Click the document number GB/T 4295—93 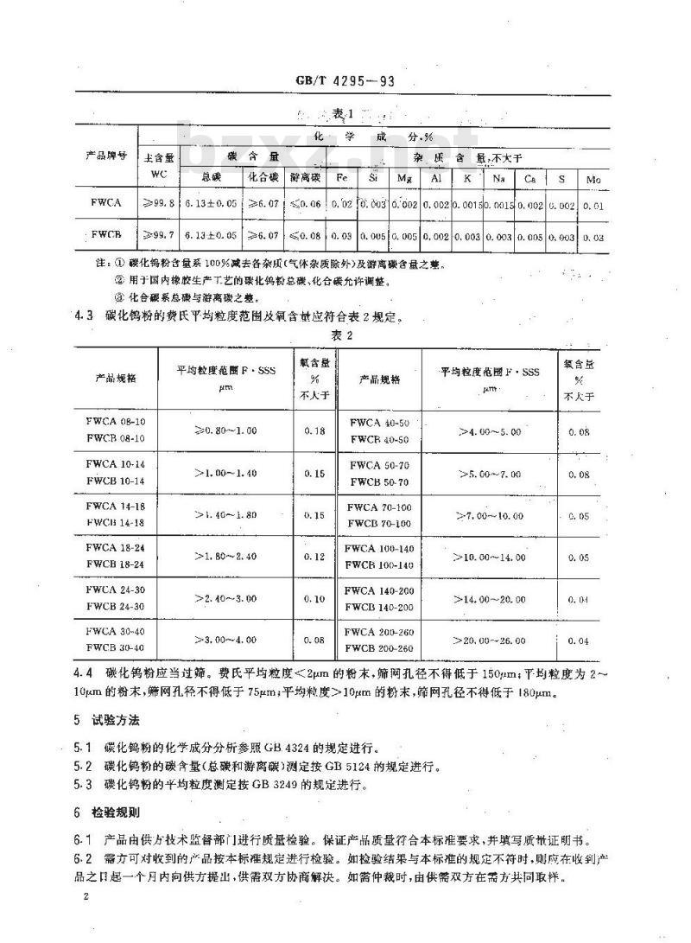pyautogui.click(x=345, y=82)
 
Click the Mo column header pyautogui.click(x=593, y=178)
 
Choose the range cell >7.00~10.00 pyautogui.click(x=490, y=515)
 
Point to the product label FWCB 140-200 pyautogui.click(x=379, y=608)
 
